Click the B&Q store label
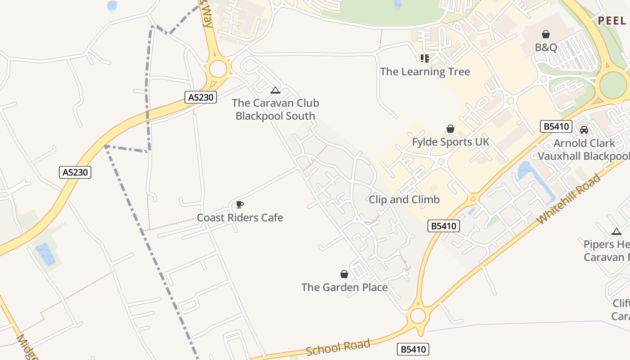point(546,47)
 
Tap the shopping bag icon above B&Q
point(546,34)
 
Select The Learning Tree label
point(425,72)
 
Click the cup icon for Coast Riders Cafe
point(240,205)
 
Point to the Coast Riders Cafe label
point(240,218)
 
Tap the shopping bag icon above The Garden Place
point(344,274)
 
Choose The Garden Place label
point(344,287)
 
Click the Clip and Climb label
point(404,199)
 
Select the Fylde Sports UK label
point(450,142)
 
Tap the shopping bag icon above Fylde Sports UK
point(450,129)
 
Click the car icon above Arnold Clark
point(584,130)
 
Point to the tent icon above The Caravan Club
point(275,90)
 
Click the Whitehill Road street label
point(569,198)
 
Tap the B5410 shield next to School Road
point(413,349)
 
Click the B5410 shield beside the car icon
point(556,126)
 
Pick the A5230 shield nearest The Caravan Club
point(201,97)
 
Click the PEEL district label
point(612,21)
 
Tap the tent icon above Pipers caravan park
point(616,232)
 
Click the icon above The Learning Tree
point(424,58)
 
